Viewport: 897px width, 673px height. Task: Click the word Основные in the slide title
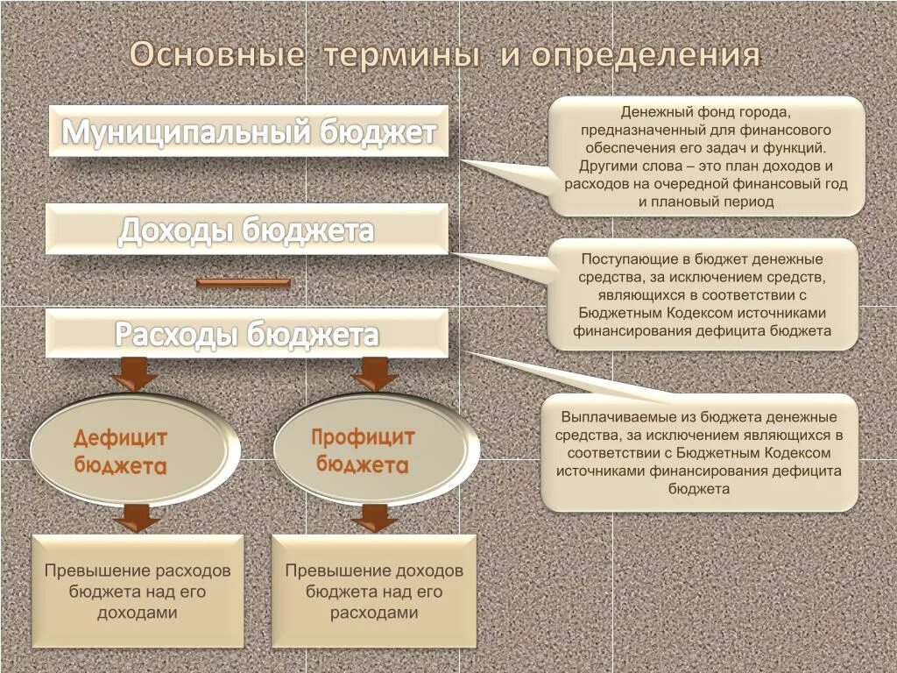(x=216, y=55)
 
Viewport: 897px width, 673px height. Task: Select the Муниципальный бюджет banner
(x=249, y=132)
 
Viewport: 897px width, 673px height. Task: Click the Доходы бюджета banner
(x=247, y=230)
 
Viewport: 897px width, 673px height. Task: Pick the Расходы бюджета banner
(x=247, y=334)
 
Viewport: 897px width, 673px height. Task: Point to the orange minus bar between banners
(x=243, y=282)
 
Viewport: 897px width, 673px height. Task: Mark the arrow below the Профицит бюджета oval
(x=374, y=517)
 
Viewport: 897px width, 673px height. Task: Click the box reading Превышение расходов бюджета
(x=138, y=592)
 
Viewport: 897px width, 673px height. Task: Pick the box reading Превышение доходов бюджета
(x=374, y=592)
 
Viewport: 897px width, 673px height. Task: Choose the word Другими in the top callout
(x=604, y=166)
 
